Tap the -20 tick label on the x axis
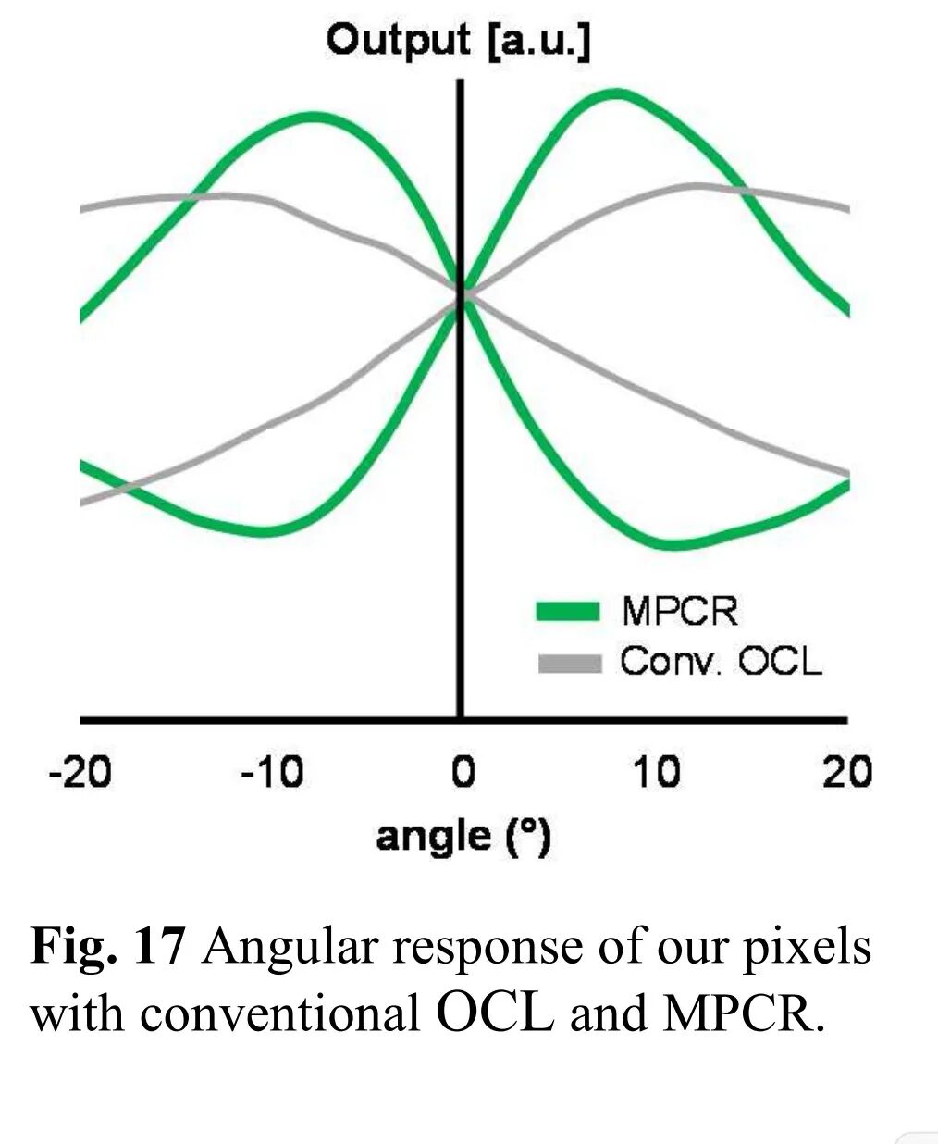[80, 771]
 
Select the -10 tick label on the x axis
[271, 771]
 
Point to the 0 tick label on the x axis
[463, 771]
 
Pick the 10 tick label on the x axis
[656, 771]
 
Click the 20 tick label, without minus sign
[847, 771]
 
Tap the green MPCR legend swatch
[568, 611]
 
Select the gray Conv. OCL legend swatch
[568, 663]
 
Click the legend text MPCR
[680, 611]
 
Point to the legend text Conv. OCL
[721, 662]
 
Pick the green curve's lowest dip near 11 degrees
[673, 544]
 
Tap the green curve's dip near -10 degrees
[264, 531]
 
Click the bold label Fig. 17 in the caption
[109, 946]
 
